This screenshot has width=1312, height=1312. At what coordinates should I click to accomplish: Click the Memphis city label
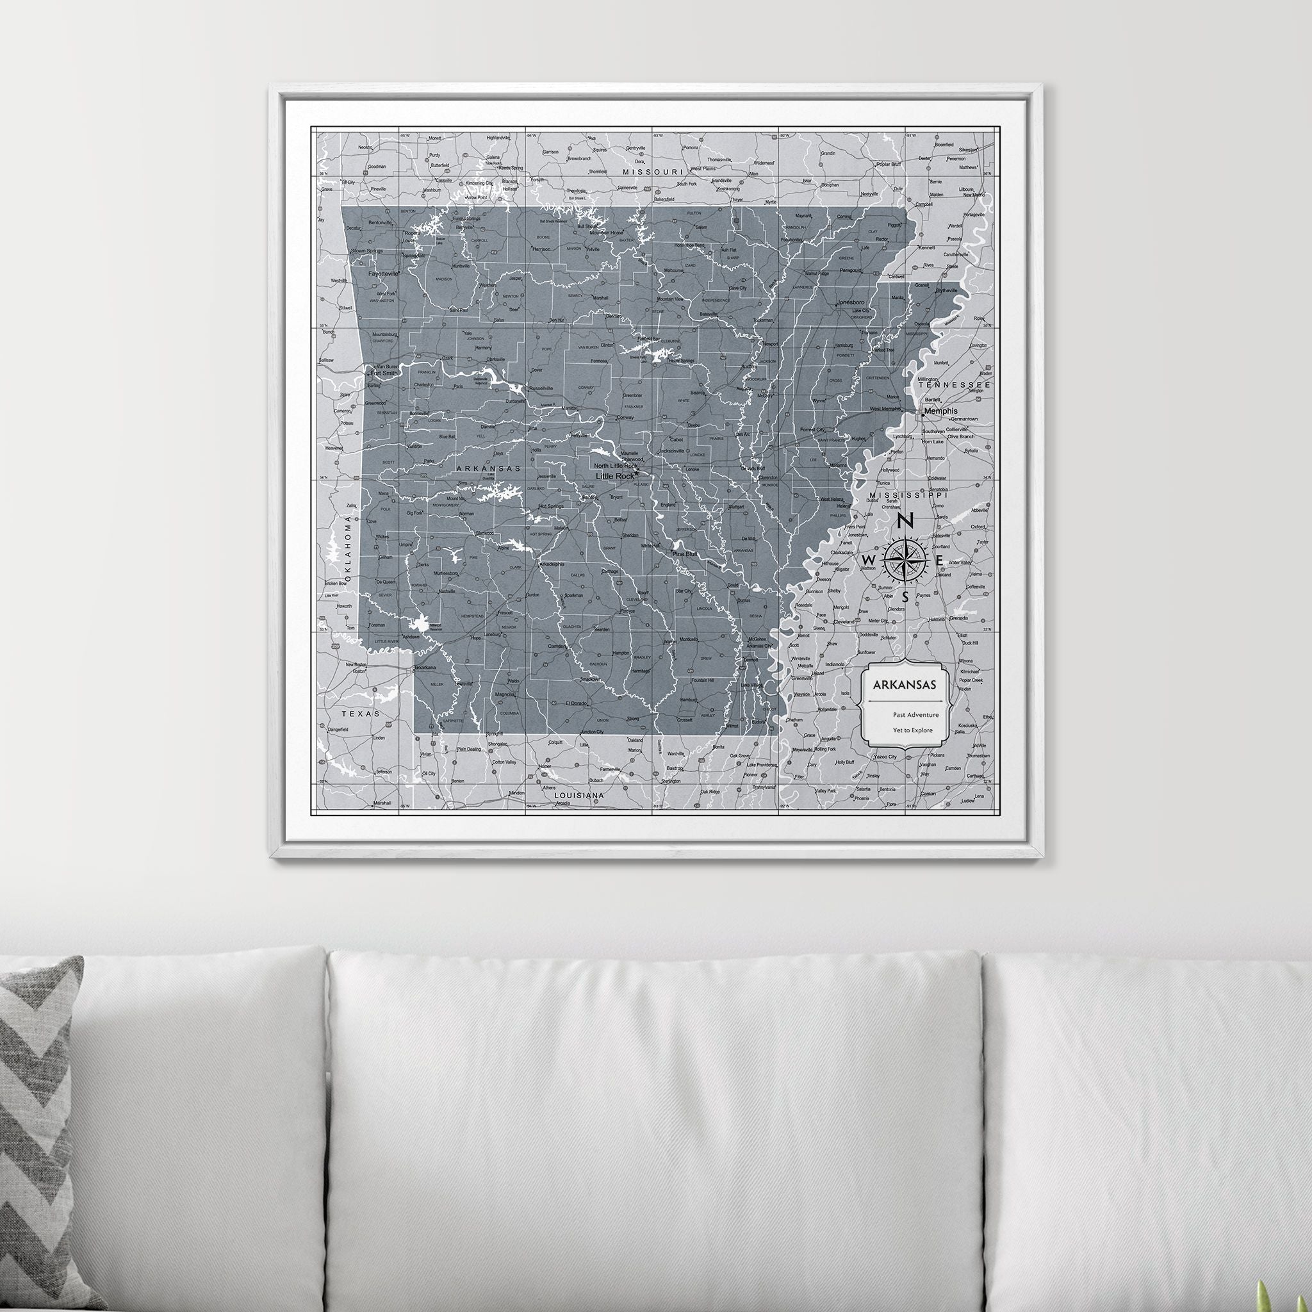(940, 411)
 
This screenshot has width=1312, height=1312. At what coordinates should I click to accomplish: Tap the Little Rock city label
(614, 476)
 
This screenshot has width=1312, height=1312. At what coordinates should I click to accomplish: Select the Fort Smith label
(385, 373)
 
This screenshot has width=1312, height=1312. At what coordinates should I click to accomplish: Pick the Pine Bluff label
(685, 554)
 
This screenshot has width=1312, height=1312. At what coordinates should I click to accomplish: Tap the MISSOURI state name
(653, 172)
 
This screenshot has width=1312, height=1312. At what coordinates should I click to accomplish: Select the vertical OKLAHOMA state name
(348, 547)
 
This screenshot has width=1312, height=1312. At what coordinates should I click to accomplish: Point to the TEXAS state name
(361, 714)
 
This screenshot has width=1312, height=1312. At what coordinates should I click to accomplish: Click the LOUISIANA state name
(579, 794)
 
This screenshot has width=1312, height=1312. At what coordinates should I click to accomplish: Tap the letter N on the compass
(905, 521)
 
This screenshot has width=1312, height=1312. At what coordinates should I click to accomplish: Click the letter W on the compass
(868, 559)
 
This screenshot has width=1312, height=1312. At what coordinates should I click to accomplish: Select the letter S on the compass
(905, 598)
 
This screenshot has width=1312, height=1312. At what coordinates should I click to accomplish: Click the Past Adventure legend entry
(915, 714)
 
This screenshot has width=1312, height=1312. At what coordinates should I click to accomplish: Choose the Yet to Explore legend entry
(913, 730)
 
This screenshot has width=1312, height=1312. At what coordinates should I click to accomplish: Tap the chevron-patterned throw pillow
(37, 1120)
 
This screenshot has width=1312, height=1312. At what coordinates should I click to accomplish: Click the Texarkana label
(425, 668)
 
